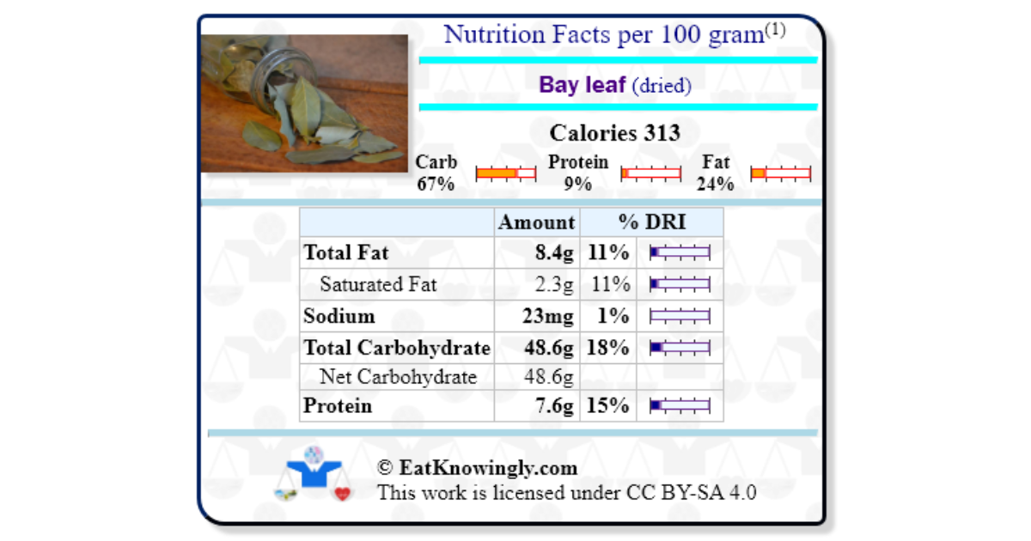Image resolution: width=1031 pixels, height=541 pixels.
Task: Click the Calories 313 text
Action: [x=614, y=133]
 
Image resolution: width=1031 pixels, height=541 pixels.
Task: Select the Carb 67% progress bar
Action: [x=506, y=173]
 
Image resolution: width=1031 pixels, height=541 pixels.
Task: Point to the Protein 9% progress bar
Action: [x=650, y=173]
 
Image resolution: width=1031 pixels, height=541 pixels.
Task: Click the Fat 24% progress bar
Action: [x=780, y=173]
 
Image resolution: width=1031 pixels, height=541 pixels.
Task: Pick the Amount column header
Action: [x=537, y=222]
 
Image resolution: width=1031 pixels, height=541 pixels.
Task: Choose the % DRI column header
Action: [x=652, y=222]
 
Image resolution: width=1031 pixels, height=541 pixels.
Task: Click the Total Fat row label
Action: [x=346, y=252]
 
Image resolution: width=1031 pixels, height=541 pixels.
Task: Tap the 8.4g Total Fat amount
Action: [x=554, y=252]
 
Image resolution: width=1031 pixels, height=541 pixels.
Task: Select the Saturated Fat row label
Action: [x=378, y=284]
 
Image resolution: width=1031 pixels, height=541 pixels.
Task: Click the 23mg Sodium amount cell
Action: [x=547, y=316]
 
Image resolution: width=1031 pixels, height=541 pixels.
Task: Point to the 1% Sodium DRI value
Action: [x=613, y=316]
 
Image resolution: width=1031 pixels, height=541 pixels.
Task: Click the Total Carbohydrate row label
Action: [x=397, y=348]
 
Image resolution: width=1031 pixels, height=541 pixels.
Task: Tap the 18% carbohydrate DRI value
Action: [x=608, y=348]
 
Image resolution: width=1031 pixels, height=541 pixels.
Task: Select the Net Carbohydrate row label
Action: [x=398, y=377]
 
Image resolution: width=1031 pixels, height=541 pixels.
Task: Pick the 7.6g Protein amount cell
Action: [x=554, y=406]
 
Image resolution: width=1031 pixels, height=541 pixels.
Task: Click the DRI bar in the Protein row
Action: [x=680, y=406]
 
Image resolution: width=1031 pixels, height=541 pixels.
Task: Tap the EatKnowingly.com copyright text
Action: [x=477, y=468]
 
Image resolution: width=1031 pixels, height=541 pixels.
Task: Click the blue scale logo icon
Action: [x=314, y=473]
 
